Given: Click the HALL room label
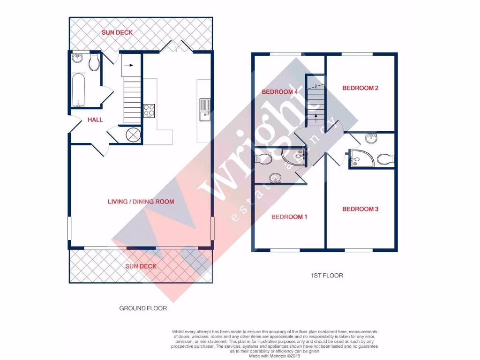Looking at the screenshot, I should [95, 120].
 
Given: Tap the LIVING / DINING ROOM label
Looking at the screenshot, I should [141, 202].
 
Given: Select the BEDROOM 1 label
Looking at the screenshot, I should [289, 217].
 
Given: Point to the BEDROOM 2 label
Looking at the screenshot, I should [360, 88].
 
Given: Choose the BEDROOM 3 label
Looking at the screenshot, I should [360, 209].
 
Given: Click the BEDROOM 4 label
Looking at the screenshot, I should [280, 92].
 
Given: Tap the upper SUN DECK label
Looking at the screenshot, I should [117, 33].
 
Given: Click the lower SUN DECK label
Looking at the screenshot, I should [141, 266].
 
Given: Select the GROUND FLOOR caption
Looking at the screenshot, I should [143, 308].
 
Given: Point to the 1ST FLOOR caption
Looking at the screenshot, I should [327, 276].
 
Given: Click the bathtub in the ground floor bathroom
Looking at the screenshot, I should [78, 90].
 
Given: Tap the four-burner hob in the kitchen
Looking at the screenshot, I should [149, 110].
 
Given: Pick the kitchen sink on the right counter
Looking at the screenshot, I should [205, 109].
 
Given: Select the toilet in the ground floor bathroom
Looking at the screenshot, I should [94, 63].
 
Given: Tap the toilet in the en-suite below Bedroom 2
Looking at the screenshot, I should [385, 159].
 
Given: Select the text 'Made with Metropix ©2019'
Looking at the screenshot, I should [275, 356].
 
